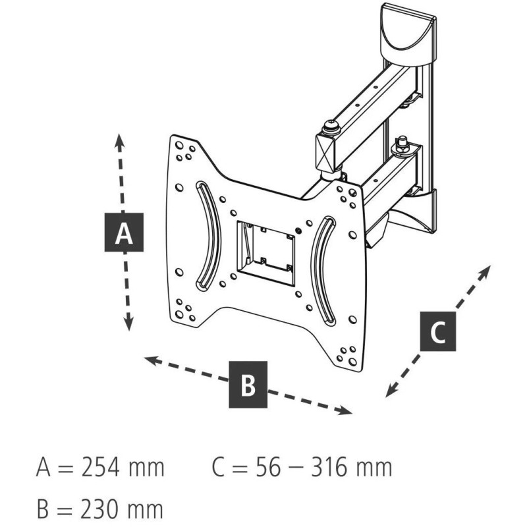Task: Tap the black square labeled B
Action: pos(248,384)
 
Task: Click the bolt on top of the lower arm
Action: pos(401,144)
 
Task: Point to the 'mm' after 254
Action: pos(146,468)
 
